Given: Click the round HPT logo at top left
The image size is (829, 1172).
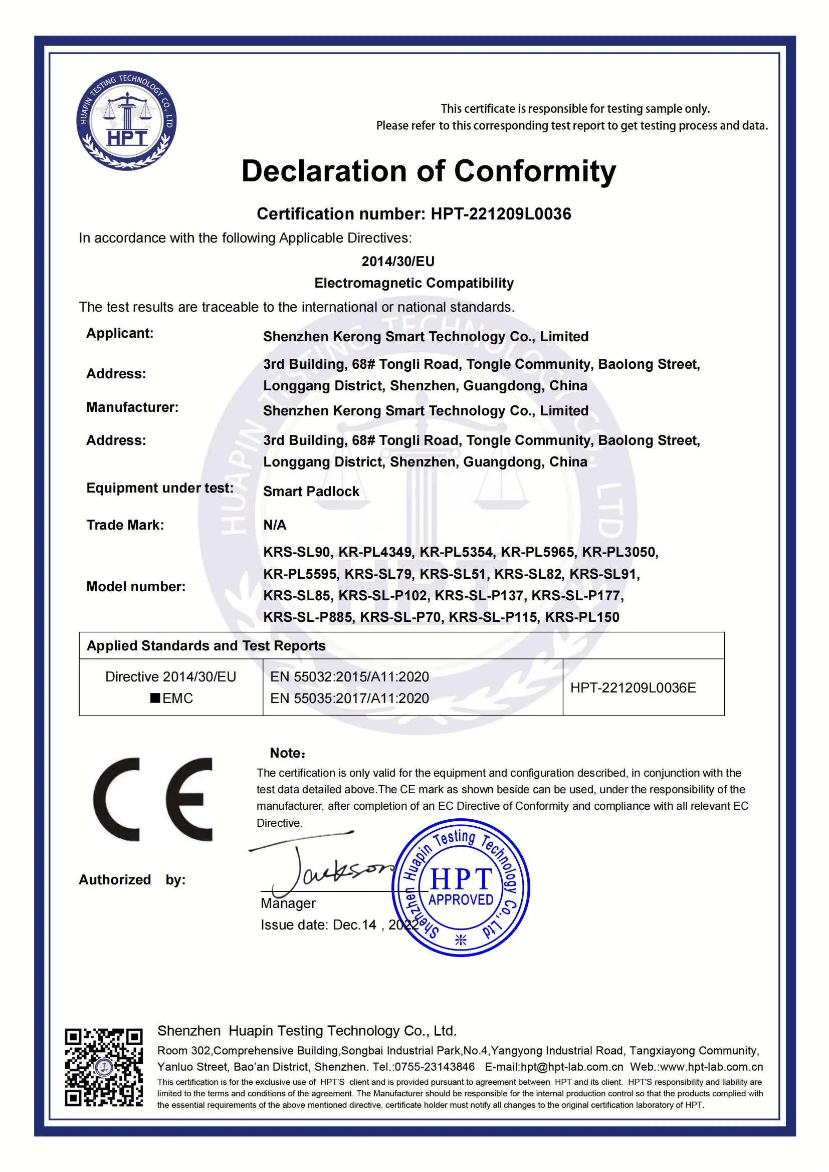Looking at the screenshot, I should (x=127, y=120).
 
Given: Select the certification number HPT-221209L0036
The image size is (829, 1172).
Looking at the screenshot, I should (x=501, y=214).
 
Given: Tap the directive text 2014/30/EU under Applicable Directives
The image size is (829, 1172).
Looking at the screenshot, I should (x=397, y=262).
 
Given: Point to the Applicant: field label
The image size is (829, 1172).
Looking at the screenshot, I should (x=119, y=333).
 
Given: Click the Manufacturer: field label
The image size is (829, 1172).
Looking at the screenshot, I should (x=132, y=407).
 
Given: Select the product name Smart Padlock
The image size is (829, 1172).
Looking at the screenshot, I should (x=311, y=492).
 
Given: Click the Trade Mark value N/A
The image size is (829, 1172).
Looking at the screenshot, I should (x=275, y=525).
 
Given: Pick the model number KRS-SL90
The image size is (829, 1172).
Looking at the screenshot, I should (x=297, y=552).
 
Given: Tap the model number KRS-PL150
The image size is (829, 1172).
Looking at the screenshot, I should (x=582, y=617).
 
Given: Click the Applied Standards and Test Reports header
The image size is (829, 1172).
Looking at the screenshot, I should (x=205, y=646).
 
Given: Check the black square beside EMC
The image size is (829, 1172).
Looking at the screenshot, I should (x=155, y=698).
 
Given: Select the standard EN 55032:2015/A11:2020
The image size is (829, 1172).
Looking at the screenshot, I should (x=349, y=677).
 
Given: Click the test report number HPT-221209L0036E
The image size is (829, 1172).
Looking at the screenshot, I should (x=633, y=687).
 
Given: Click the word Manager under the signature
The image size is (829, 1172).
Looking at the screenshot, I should (x=288, y=903).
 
